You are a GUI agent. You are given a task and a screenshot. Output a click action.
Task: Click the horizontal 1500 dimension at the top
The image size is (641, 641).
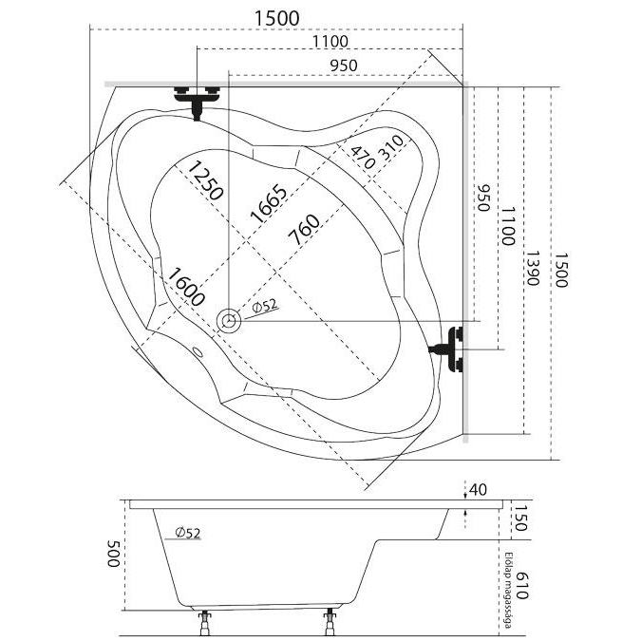point(276,18)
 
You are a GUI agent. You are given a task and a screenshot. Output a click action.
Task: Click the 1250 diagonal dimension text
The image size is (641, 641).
point(205,180)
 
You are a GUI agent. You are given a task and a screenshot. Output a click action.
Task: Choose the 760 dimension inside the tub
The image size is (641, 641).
point(304,231)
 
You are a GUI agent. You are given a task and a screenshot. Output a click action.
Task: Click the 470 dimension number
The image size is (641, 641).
point(361,157)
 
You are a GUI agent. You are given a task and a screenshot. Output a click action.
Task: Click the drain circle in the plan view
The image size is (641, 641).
point(229,321)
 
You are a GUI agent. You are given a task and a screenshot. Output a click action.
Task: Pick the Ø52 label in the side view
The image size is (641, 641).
point(187,533)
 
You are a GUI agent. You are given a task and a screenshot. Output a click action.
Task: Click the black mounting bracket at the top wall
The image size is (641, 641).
point(198,100)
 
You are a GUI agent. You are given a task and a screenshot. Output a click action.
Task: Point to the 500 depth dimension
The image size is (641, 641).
point(113,553)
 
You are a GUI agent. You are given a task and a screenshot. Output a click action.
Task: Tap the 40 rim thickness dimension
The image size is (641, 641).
point(478,490)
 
